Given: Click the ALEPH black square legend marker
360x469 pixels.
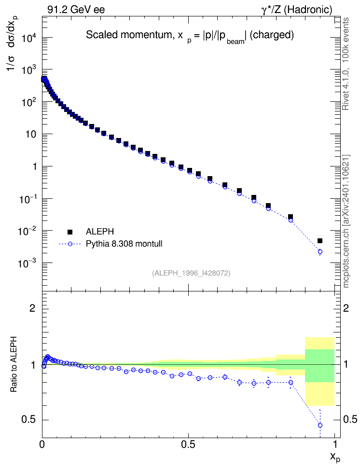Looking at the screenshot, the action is click(70, 232).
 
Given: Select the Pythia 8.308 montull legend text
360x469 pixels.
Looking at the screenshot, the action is click(124, 244).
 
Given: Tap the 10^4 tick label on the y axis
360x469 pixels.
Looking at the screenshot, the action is click(29, 39).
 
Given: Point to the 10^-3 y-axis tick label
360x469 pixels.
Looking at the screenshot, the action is click(28, 264).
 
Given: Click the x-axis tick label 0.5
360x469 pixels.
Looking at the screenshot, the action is click(188, 444).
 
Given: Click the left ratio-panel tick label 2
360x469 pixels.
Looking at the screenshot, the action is click(33, 308).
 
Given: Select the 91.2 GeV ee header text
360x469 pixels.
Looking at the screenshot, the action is click(76, 10).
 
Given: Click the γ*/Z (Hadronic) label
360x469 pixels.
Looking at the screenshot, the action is click(297, 10).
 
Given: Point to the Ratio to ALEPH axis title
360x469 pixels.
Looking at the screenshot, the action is click(14, 364).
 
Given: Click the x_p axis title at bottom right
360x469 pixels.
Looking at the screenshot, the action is click(335, 457).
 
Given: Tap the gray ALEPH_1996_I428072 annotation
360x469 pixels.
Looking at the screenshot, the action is click(191, 273).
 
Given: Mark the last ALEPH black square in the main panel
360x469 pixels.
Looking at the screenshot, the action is click(320, 241).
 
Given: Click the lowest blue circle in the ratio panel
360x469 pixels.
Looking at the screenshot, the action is click(320, 425).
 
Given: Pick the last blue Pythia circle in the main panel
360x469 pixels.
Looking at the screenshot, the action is click(320, 252).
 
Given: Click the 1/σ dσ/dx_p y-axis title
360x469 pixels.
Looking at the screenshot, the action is click(13, 44).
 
